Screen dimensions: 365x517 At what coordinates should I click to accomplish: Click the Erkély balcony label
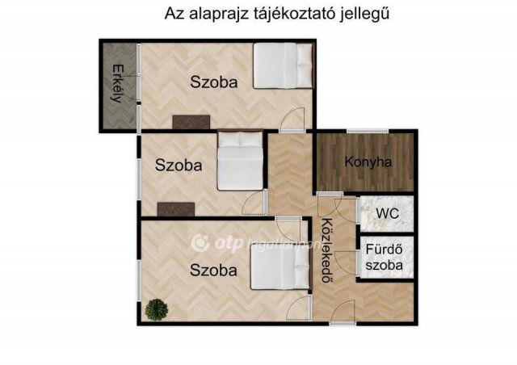118,84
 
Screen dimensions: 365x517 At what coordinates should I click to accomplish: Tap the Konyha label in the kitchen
368,162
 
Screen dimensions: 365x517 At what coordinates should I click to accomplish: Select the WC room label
387,213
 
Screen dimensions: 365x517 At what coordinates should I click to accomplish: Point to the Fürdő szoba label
385,257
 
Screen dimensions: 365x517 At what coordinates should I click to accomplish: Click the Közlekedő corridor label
328,250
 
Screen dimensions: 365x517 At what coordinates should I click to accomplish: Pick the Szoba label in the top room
213,82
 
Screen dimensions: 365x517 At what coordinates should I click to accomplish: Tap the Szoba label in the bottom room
213,271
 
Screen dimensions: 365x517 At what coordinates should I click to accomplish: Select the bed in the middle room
240,161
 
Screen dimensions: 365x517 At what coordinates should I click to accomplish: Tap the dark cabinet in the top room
191,122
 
